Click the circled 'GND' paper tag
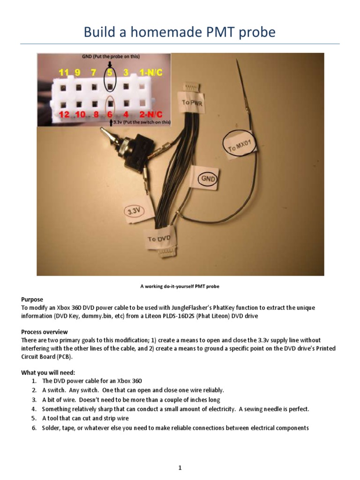(207, 179)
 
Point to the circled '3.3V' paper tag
(134, 211)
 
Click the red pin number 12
(64, 114)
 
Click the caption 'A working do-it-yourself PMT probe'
(180, 286)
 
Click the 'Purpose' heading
(32, 299)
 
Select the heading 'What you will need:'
(48, 372)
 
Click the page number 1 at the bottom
(180, 455)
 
